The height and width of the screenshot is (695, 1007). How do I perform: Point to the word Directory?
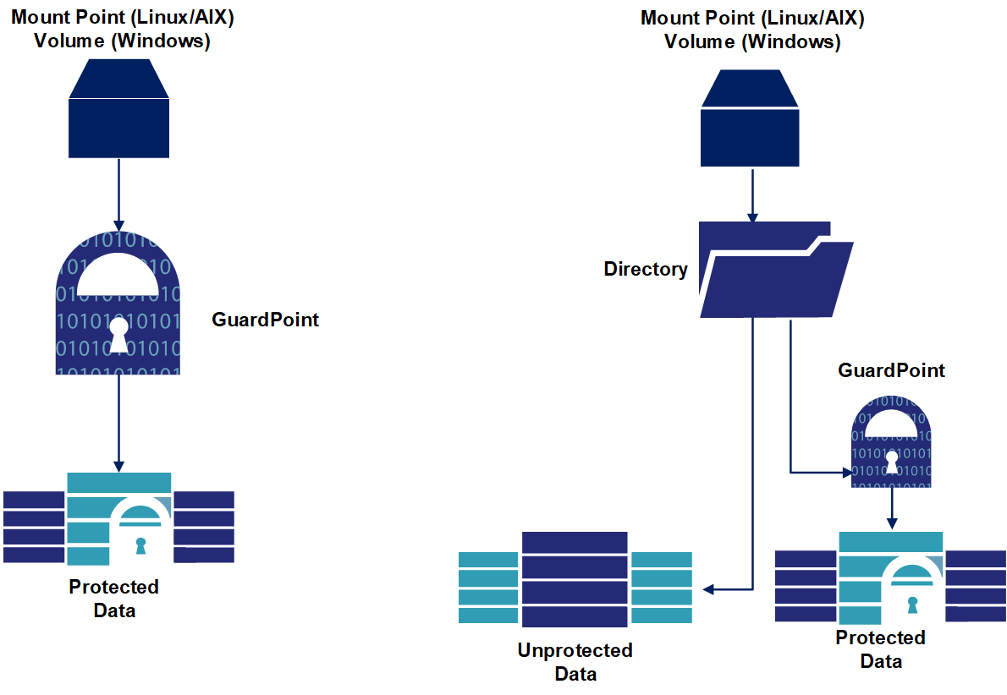coord(646,270)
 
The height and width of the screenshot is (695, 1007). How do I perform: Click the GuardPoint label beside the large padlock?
coord(266,320)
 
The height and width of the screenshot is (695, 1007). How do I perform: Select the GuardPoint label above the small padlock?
coord(891,370)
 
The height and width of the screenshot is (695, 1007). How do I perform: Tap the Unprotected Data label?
coord(575,662)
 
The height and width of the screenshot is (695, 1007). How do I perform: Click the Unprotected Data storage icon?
coord(575,579)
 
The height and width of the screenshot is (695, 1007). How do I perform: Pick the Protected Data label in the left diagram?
coord(114,598)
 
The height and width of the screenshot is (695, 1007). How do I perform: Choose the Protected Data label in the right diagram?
coord(881,648)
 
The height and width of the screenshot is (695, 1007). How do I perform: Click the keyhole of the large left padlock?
coord(118,334)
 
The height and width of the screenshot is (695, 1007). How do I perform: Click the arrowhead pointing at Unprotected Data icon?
coord(708,588)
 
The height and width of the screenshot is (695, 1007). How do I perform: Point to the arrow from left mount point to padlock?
coord(118,194)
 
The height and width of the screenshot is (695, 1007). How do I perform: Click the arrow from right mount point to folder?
coord(750,194)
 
